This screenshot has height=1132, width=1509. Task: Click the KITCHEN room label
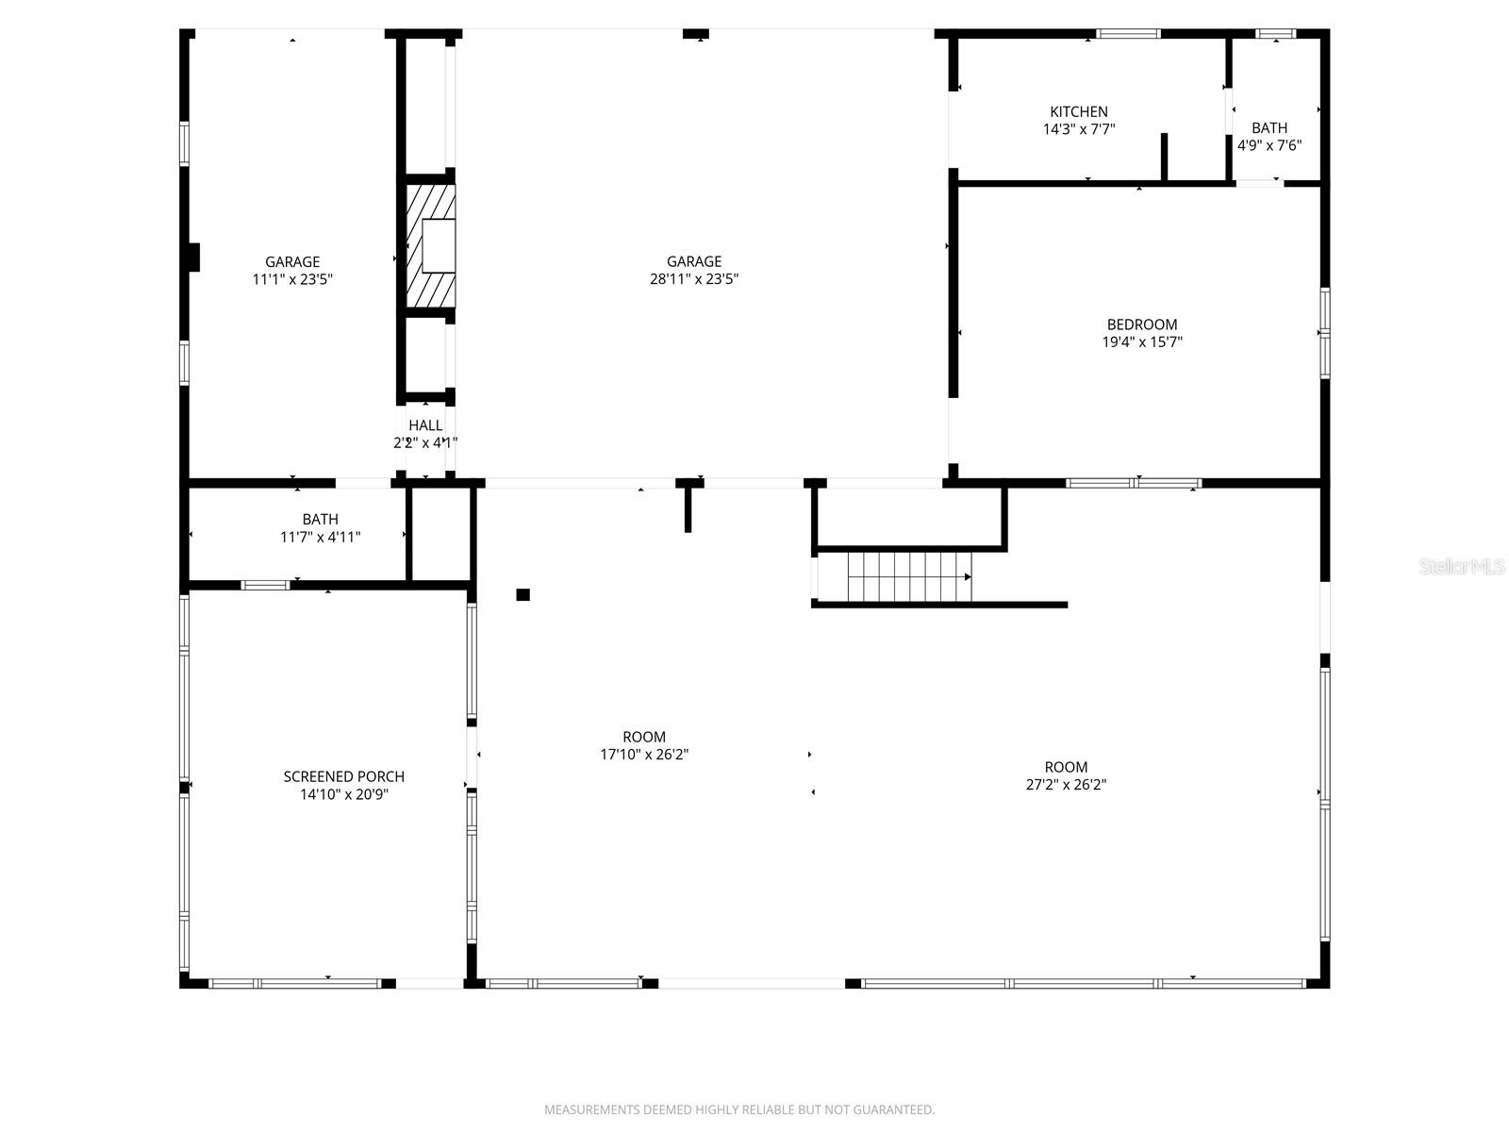pos(1079,111)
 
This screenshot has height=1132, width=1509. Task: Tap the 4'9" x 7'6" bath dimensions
pos(1269,145)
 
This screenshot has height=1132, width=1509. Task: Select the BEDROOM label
pos(1141,325)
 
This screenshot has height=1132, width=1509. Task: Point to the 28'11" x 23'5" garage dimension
pos(694,279)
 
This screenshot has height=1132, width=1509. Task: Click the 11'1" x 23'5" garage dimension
pos(292,279)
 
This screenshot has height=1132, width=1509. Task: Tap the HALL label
pos(425,425)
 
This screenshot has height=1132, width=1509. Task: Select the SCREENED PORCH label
pos(343,776)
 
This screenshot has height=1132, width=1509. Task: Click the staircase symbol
pos(909,576)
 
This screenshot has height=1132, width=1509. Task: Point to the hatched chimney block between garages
pos(431,246)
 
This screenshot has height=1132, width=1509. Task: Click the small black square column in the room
pos(522,594)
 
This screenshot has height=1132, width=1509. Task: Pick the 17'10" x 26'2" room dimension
pos(644,755)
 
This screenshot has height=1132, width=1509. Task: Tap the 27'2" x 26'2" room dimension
pos(1066,785)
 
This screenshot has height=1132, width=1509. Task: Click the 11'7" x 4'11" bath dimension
pos(320,537)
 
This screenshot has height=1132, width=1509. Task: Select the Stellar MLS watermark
pos(1463,566)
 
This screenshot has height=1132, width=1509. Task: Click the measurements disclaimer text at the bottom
pos(738,1109)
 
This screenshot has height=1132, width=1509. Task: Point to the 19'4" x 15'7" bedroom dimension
pos(1141,342)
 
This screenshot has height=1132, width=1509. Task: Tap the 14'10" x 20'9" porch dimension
pos(343,794)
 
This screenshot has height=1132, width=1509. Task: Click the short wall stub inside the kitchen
pos(1164,157)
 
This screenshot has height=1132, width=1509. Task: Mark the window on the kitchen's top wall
pos(1128,34)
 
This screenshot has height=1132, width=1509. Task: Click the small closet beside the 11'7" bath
pos(441,535)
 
